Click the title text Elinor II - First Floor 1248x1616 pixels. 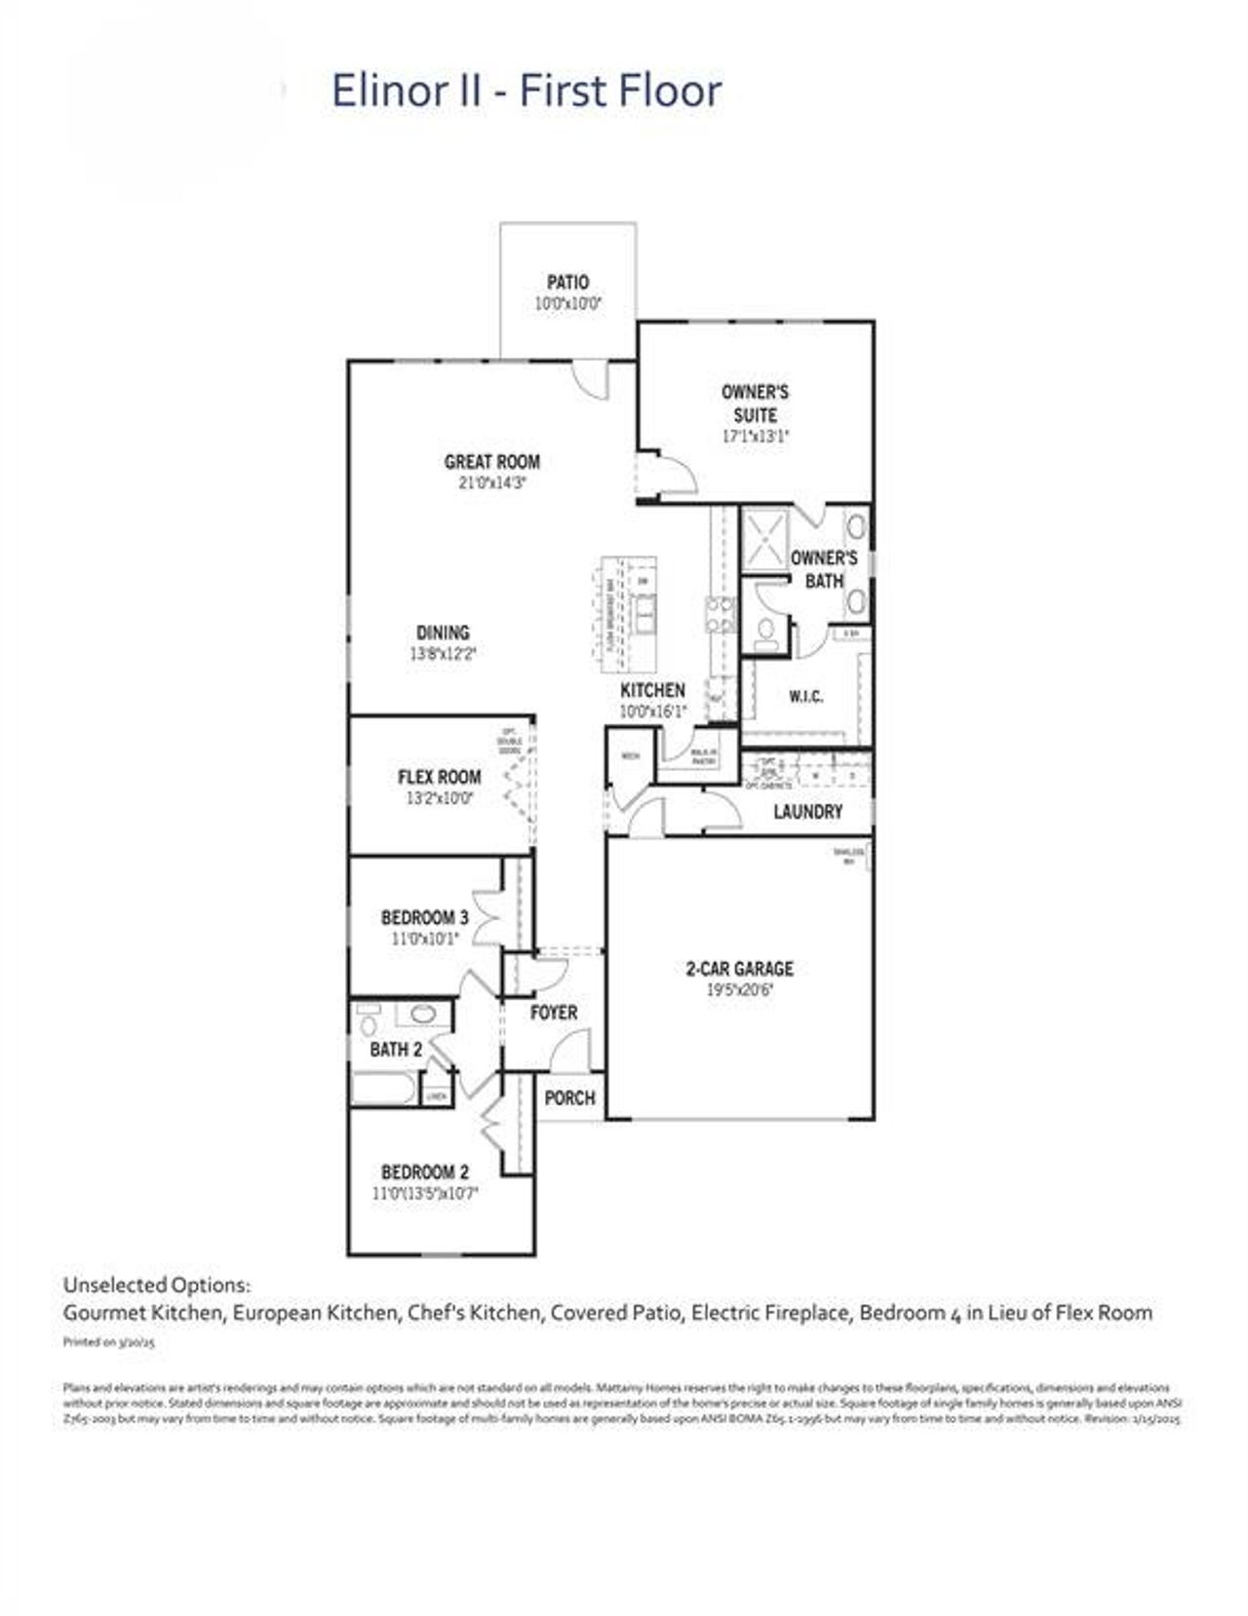[526, 91]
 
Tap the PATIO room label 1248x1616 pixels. [567, 282]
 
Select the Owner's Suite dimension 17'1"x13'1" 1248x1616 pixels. [755, 437]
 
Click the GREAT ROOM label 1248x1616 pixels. [491, 462]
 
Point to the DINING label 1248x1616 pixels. [443, 633]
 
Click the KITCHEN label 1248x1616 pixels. [652, 690]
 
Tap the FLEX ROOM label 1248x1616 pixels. [439, 777]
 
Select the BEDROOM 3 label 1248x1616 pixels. [424, 917]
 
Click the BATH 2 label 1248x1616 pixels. [396, 1050]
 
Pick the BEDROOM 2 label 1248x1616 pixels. [425, 1172]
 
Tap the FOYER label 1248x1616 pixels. [554, 1013]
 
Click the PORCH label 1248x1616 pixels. [569, 1097]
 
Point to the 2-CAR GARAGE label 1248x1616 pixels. [739, 968]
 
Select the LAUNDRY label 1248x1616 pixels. [807, 811]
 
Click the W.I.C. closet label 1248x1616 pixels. [805, 696]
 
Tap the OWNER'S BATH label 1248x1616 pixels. [824, 568]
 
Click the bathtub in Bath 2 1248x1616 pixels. [383, 1088]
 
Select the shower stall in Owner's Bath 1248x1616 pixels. [764, 539]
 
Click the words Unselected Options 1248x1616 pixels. [156, 1285]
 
